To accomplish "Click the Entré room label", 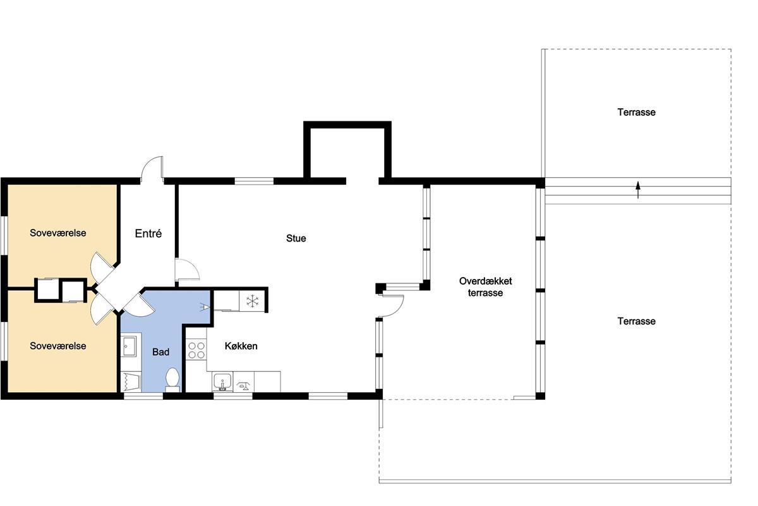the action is pyautogui.click(x=148, y=233).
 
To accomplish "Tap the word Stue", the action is pyautogui.click(x=296, y=238).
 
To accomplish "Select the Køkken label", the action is pyautogui.click(x=241, y=346).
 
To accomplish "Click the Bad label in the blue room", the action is pyautogui.click(x=160, y=352).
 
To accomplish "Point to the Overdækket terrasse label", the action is pyautogui.click(x=486, y=287).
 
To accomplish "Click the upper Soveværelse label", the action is pyautogui.click(x=58, y=233).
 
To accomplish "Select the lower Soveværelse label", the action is pyautogui.click(x=58, y=346).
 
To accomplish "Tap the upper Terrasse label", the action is pyautogui.click(x=636, y=112).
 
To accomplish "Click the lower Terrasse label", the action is pyautogui.click(x=636, y=321).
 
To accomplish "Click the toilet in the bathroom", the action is pyautogui.click(x=172, y=379).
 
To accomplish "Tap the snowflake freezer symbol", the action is pyautogui.click(x=253, y=300).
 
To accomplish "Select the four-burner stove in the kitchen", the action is pyautogui.click(x=196, y=350).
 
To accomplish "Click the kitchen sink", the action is pyautogui.click(x=222, y=382).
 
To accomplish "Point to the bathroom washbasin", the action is pyautogui.click(x=129, y=347).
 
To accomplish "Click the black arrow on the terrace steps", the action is pyautogui.click(x=638, y=190).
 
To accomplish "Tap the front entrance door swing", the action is pyautogui.click(x=152, y=168).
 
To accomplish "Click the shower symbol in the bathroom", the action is pyautogui.click(x=131, y=382).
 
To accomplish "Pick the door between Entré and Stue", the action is pyautogui.click(x=187, y=270).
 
